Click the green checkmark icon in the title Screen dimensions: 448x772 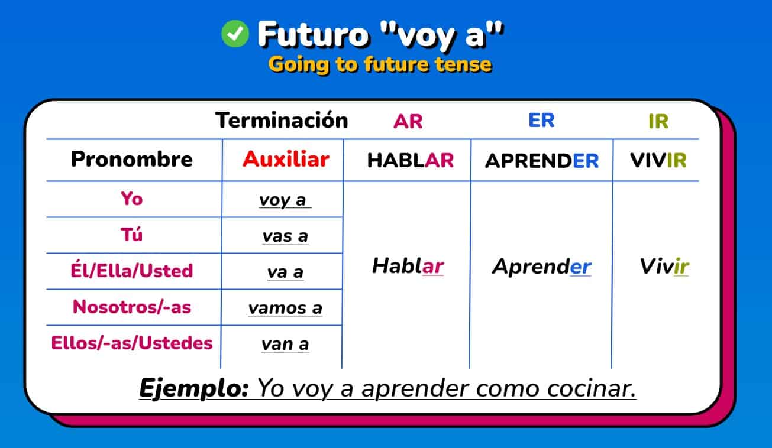tap(235, 34)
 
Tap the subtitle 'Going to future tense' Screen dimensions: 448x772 tap(380, 64)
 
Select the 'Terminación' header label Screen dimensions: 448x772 tap(281, 120)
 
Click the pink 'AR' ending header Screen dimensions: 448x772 tap(408, 122)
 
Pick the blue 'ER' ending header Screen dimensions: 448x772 tap(541, 121)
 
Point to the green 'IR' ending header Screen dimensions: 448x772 tap(658, 122)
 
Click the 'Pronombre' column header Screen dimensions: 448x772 tap(132, 159)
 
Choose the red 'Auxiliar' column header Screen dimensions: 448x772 tap(286, 159)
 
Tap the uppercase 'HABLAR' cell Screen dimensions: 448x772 tap(410, 161)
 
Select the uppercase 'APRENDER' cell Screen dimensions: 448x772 tap(541, 161)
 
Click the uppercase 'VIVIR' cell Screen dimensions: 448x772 tap(658, 161)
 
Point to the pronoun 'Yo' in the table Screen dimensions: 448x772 tap(131, 199)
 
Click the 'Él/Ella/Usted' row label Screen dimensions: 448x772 tap(131, 271)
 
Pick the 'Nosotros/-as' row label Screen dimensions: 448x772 tap(131, 307)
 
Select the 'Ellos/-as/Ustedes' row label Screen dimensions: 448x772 tap(131, 343)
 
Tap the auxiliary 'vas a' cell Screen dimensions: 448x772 tap(285, 236)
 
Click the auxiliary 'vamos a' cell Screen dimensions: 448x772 tap(285, 309)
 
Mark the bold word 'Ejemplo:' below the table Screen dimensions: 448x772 tap(193, 388)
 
